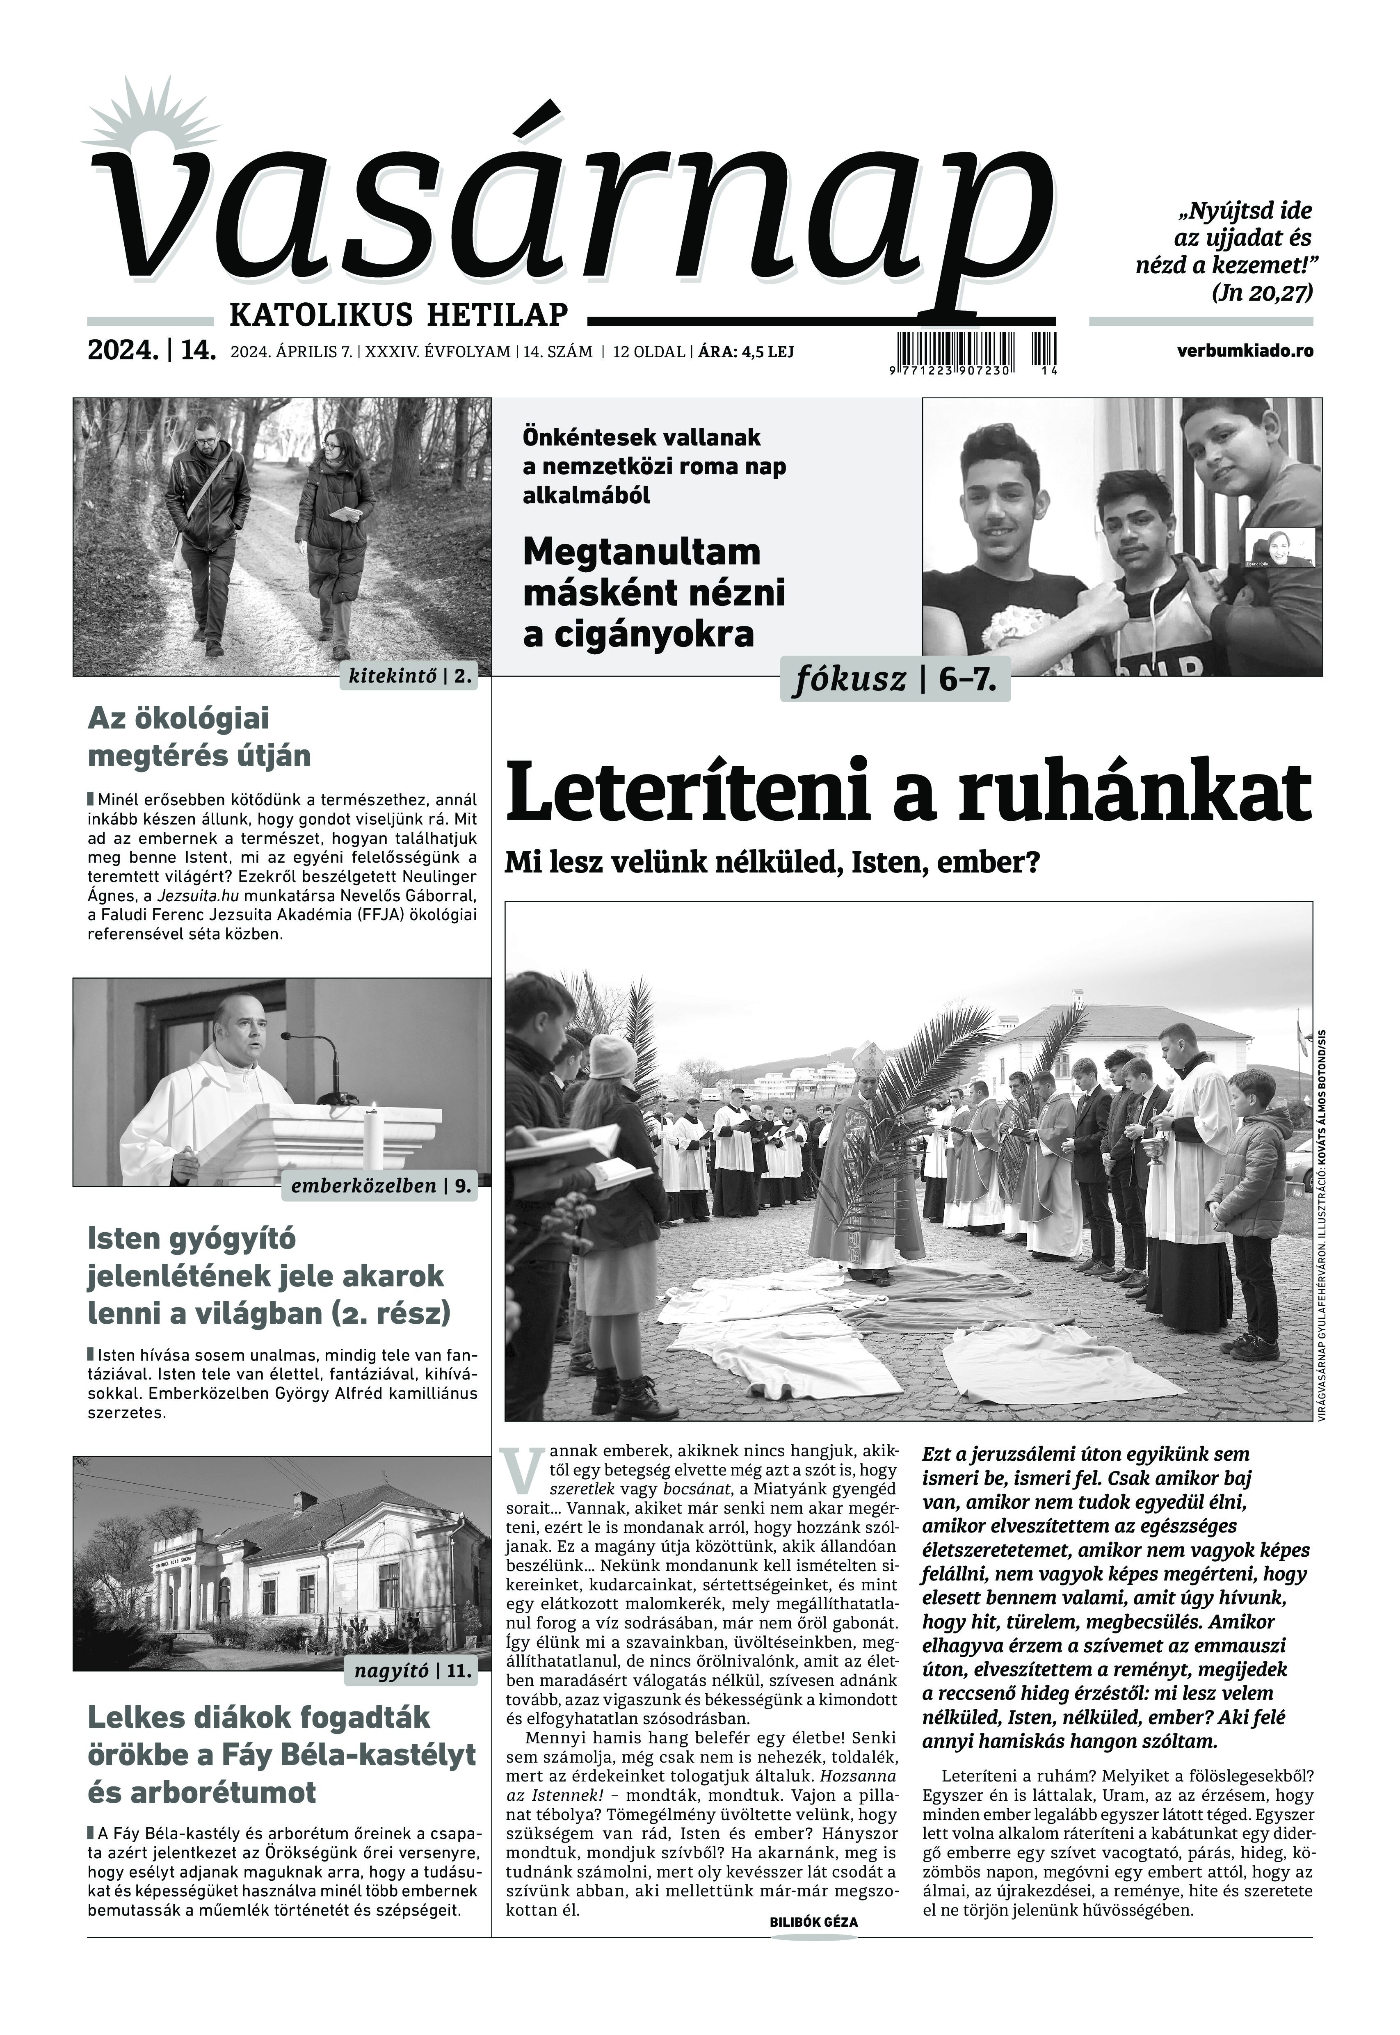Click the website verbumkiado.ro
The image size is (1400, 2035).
click(1246, 351)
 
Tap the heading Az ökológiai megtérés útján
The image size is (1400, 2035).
click(199, 737)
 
